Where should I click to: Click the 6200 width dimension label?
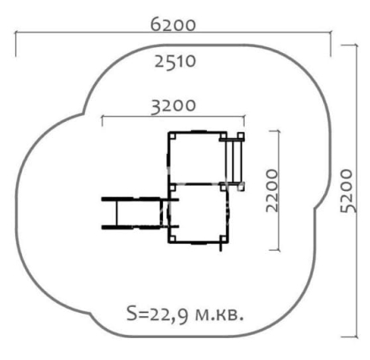point(173,24)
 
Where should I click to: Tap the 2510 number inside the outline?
point(175,61)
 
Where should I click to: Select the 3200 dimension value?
point(173,106)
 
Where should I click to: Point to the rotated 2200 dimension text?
point(272,191)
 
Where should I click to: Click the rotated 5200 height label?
point(346,191)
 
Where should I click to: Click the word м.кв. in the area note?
point(219,315)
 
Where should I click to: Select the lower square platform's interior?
point(198,213)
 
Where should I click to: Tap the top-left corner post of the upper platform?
point(172,135)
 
